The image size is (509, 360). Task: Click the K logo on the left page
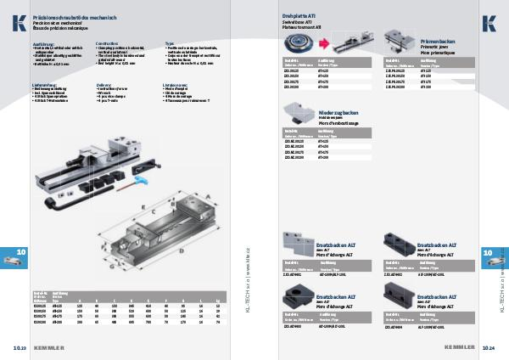[18, 24]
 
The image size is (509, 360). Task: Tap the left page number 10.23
[19, 347]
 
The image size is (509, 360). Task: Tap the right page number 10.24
[489, 347]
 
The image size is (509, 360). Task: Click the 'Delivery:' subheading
[105, 85]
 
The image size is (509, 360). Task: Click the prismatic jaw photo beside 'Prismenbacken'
[400, 39]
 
